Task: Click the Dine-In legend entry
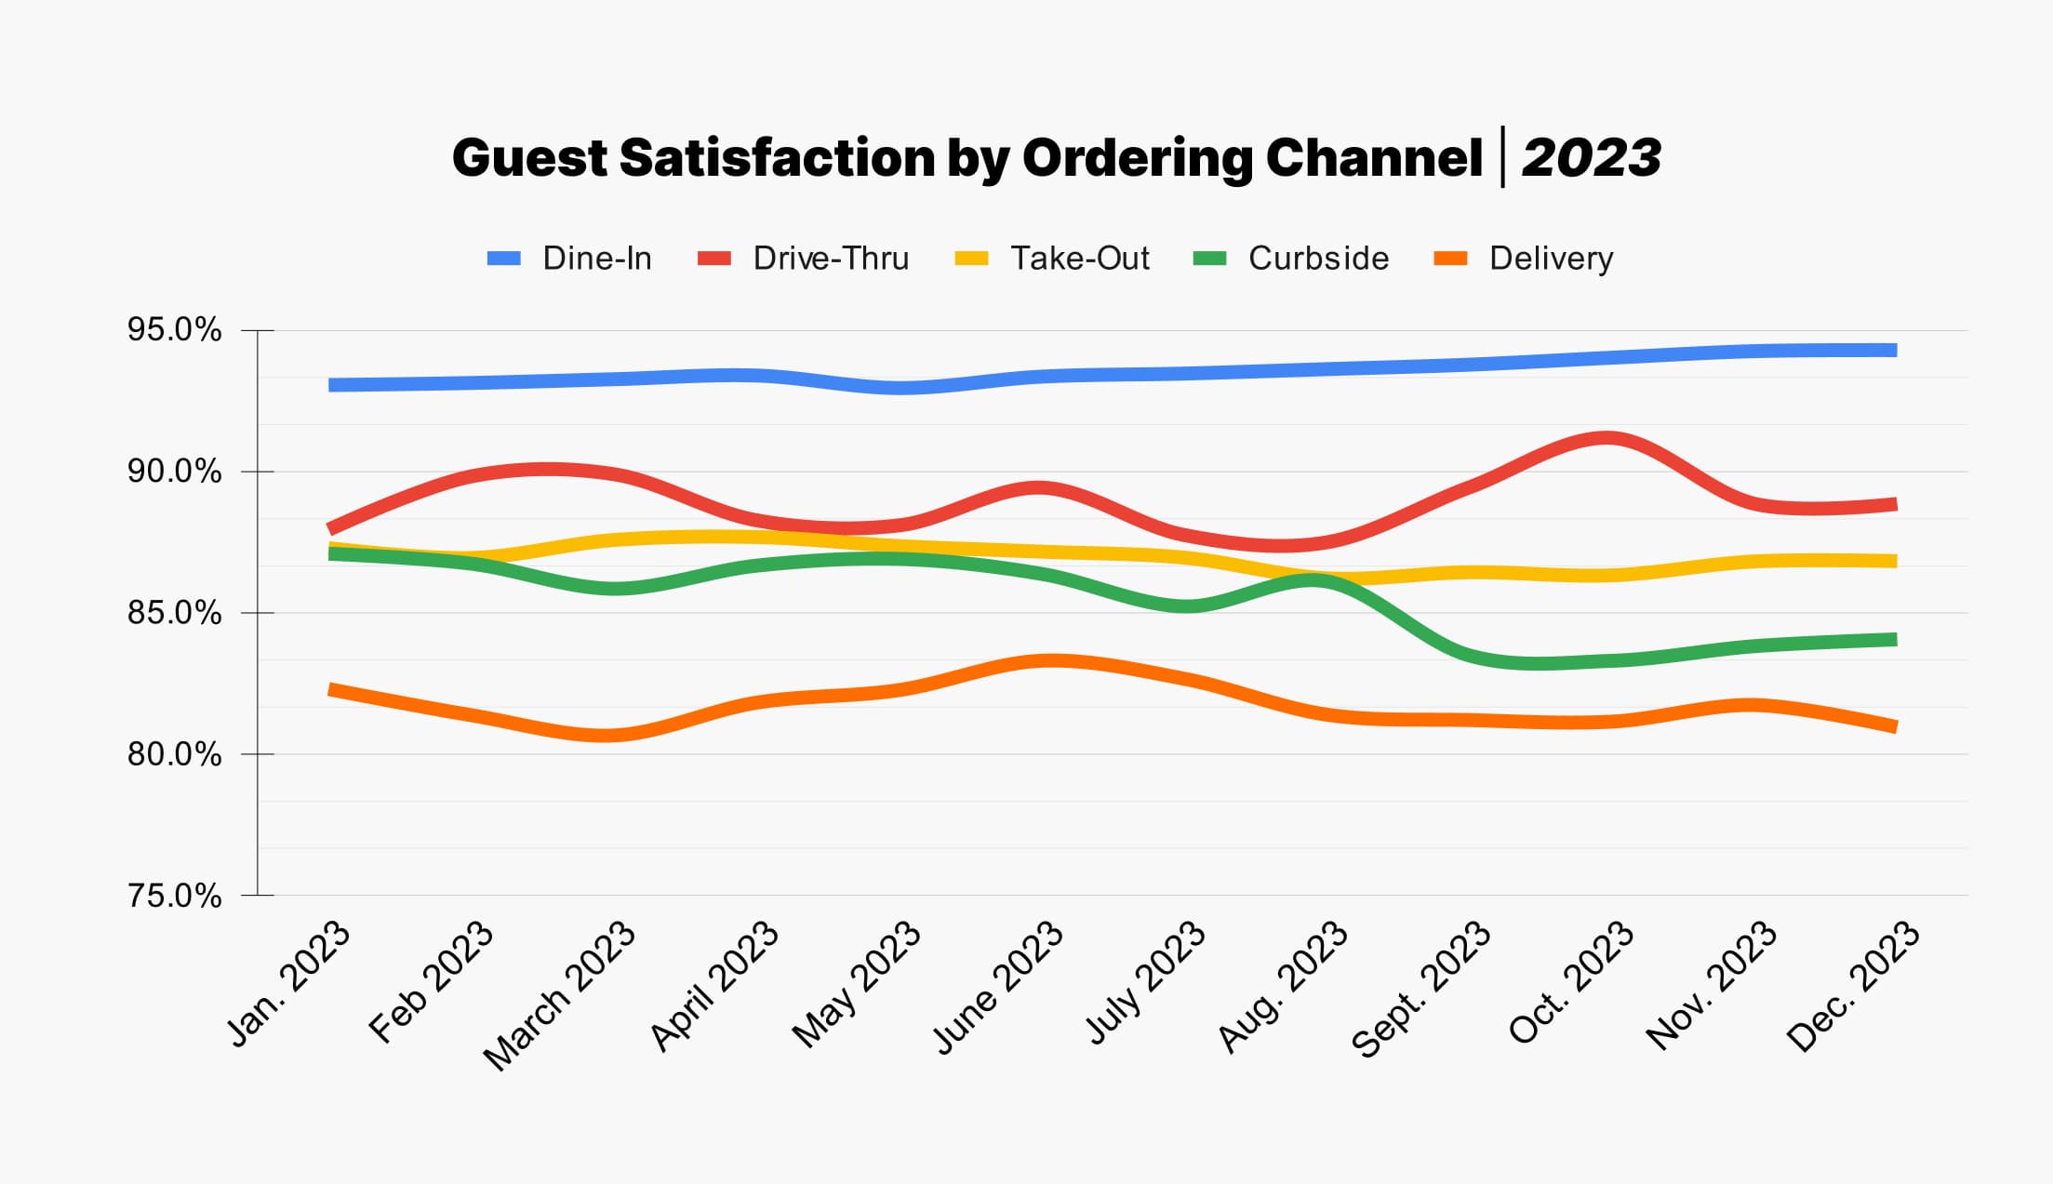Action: point(595,259)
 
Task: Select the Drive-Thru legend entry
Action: point(830,259)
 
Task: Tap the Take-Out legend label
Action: point(1079,259)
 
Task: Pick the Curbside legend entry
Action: point(1317,259)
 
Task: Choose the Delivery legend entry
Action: point(1550,259)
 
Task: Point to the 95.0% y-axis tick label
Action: point(174,330)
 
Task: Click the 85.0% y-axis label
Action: point(174,613)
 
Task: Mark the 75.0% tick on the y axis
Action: point(174,896)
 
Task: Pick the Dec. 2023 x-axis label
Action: point(1854,986)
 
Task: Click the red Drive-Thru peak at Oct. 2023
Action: point(1606,438)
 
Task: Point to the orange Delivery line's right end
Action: point(1894,725)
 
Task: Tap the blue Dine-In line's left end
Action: point(333,385)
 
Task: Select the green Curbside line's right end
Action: point(1894,640)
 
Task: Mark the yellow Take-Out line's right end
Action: point(1894,561)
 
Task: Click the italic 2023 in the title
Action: point(1591,158)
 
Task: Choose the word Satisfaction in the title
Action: point(777,158)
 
